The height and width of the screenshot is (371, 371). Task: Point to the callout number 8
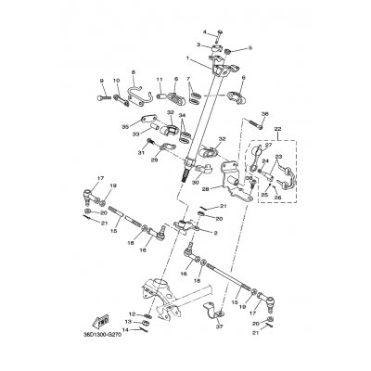click(x=133, y=70)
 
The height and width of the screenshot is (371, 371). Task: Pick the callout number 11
click(x=159, y=80)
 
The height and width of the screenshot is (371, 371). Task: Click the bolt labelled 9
click(x=102, y=91)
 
